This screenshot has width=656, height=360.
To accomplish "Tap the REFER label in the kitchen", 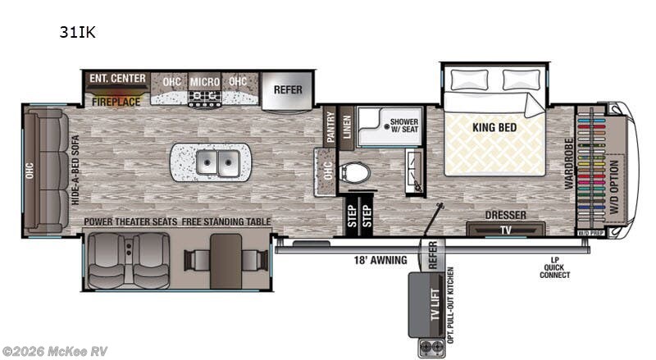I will point(287,90).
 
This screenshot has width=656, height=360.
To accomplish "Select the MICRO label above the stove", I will point(204,81).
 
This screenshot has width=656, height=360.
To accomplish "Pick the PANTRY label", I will point(331,128).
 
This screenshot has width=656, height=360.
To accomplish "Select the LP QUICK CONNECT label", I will point(554,268).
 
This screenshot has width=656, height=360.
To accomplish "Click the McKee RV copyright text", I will point(55,351).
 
